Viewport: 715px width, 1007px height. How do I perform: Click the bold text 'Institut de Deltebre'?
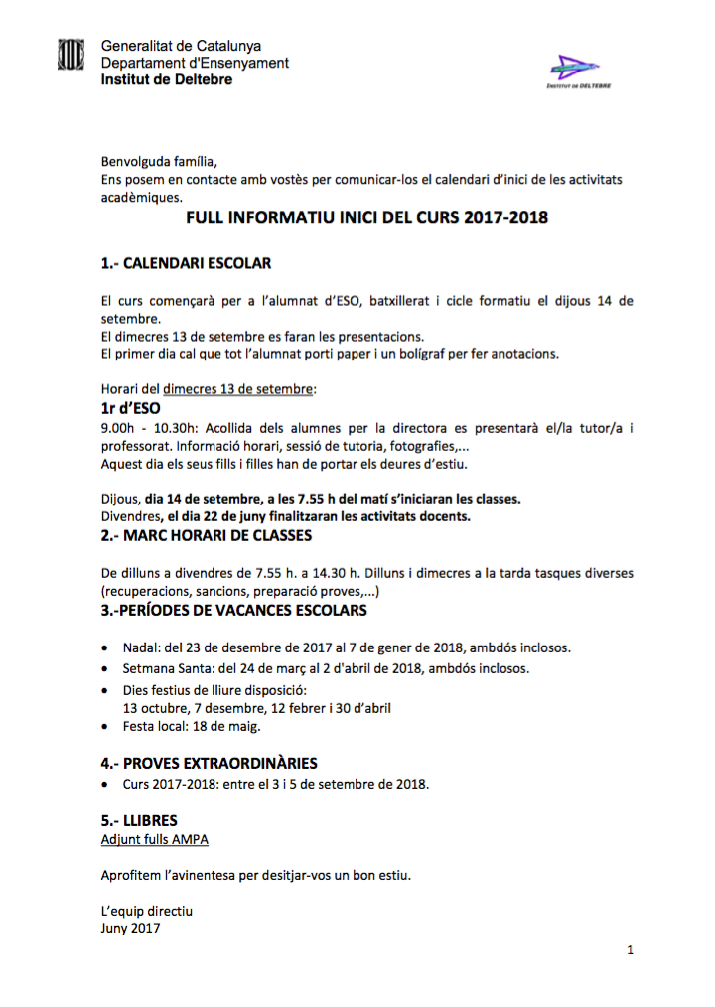click(x=167, y=79)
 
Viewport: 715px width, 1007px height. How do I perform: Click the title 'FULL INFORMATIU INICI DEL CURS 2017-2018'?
click(x=366, y=217)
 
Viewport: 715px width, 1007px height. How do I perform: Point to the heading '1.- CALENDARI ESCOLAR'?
click(x=186, y=264)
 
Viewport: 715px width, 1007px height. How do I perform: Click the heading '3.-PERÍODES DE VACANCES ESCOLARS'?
click(x=234, y=610)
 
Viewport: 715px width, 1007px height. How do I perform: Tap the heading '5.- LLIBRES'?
click(x=139, y=821)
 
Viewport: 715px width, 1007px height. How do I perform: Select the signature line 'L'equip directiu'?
click(x=147, y=911)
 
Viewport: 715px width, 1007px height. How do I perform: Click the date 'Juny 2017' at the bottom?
click(x=130, y=929)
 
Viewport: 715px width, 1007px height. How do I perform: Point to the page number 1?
click(x=630, y=951)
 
